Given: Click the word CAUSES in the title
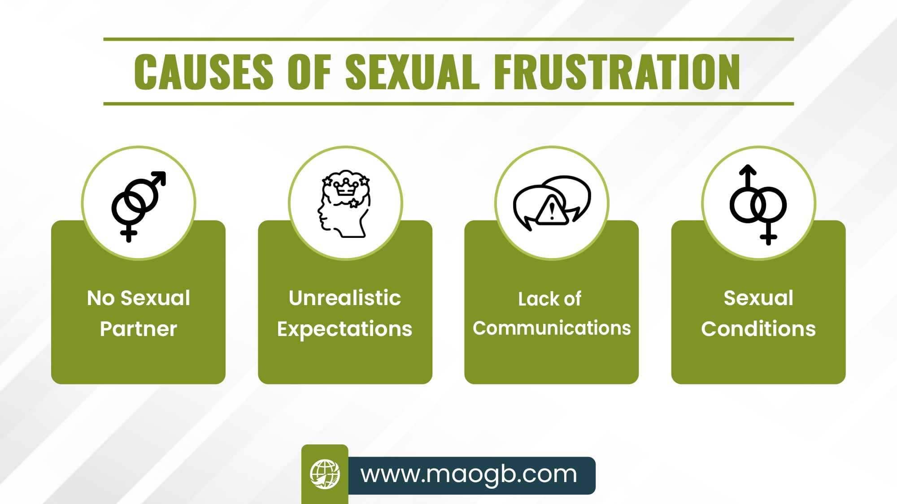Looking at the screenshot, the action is (x=204, y=72).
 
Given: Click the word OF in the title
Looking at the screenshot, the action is (x=309, y=72).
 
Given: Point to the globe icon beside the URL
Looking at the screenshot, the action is (x=325, y=474).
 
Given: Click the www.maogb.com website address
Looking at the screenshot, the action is (x=469, y=474).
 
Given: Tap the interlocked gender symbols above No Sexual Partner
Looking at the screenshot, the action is (x=139, y=207).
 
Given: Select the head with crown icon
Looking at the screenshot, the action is (x=344, y=204).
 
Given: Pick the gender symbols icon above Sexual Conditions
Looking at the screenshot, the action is (x=758, y=205).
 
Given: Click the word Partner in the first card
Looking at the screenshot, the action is (x=139, y=329).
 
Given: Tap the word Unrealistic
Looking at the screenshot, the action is (x=345, y=298).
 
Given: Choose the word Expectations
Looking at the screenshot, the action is (x=344, y=329).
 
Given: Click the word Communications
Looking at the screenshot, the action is (x=552, y=328).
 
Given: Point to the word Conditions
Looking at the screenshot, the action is (x=758, y=329).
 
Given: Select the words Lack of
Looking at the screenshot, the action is (x=550, y=299).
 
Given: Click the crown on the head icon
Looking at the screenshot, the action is (x=346, y=186).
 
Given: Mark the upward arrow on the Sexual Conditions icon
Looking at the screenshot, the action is (x=748, y=177).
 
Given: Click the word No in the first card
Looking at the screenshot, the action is (x=101, y=298).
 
